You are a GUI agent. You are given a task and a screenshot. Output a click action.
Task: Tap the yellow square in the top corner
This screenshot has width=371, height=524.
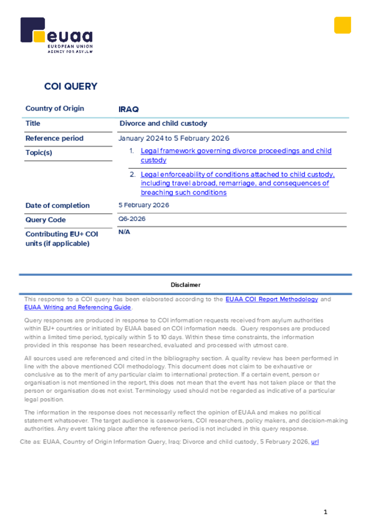point(342,25)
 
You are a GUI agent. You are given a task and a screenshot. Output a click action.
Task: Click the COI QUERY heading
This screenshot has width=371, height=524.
point(71,86)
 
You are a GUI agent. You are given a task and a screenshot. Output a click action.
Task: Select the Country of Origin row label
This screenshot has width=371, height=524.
point(55,108)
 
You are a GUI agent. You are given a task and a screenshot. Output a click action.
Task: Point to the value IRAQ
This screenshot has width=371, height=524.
point(129,110)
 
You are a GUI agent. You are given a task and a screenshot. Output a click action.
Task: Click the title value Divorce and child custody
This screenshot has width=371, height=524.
point(163,123)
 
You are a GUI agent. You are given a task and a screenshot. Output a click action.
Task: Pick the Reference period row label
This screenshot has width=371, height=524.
point(54,138)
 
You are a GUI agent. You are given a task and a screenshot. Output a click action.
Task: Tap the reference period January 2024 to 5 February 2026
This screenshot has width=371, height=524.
point(174,138)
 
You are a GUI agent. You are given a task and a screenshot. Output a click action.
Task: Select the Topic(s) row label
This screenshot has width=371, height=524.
point(39,152)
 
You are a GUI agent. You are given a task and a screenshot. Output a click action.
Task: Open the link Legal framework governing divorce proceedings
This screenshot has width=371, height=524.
point(236,151)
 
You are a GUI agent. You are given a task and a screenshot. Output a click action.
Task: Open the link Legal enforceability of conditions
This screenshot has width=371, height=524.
point(237,174)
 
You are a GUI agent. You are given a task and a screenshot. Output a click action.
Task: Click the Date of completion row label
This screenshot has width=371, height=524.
point(57,206)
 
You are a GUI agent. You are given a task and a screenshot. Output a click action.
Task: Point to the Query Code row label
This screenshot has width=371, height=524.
point(46,220)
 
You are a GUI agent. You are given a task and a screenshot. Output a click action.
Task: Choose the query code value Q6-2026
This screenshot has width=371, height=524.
point(132,219)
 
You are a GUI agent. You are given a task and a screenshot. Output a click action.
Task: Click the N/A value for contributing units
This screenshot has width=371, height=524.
point(125,232)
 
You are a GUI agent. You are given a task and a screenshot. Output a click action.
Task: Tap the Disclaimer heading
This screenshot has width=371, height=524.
point(186,285)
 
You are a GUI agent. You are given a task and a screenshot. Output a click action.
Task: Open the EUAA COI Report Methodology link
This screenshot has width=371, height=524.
point(272,299)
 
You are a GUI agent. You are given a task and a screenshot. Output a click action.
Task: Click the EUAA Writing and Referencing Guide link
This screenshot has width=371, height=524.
point(78,308)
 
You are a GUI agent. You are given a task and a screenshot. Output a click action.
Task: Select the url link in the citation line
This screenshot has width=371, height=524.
point(315,441)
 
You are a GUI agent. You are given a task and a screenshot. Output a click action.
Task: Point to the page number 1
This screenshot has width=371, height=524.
point(325,512)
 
